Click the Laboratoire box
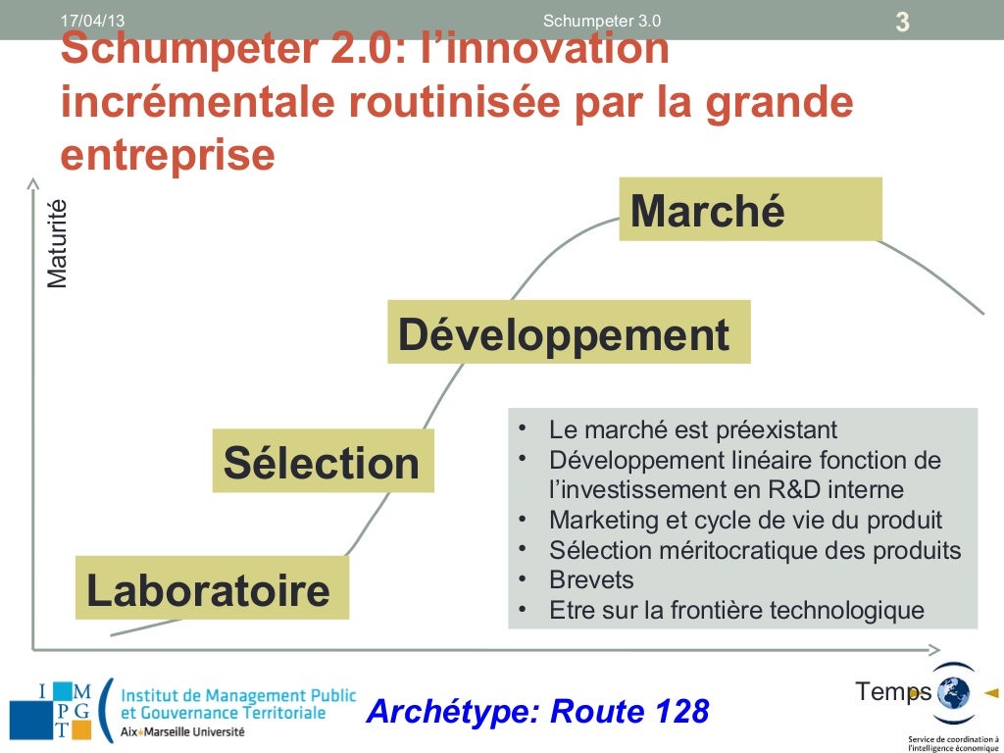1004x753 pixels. (x=212, y=588)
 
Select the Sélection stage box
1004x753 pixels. (x=323, y=461)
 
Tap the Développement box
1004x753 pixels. (x=569, y=333)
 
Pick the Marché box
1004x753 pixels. (x=750, y=210)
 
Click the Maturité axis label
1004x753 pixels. (x=59, y=242)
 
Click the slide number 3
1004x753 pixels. (x=902, y=22)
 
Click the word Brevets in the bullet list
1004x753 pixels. (x=591, y=579)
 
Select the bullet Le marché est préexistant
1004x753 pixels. (x=692, y=429)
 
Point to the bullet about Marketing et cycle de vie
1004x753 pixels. (x=745, y=520)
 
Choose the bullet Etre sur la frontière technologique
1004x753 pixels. (x=735, y=610)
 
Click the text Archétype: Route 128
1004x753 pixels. (x=536, y=711)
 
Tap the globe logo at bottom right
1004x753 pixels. (x=952, y=692)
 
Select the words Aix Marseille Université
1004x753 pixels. (x=182, y=732)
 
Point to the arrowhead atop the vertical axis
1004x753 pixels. (x=32, y=182)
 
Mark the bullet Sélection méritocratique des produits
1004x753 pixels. (x=755, y=550)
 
